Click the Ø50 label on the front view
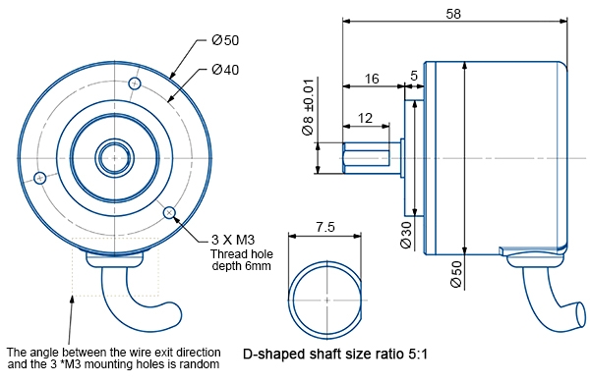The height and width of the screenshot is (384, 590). click(225, 40)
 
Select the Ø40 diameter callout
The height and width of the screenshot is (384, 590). click(225, 70)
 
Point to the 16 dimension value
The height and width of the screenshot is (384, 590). click(372, 78)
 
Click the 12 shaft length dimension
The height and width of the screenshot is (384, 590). click(366, 118)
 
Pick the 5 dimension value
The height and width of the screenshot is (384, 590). click(413, 75)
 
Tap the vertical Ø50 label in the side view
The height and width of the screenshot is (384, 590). click(456, 272)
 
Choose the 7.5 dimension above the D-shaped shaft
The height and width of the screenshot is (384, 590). click(324, 226)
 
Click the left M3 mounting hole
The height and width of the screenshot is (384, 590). click(40, 178)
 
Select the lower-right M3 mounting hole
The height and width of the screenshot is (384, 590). click(170, 211)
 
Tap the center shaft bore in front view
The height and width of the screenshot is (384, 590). click(113, 156)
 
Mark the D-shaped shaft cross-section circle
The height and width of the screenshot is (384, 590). click(324, 297)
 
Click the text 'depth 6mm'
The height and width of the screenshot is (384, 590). click(241, 266)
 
